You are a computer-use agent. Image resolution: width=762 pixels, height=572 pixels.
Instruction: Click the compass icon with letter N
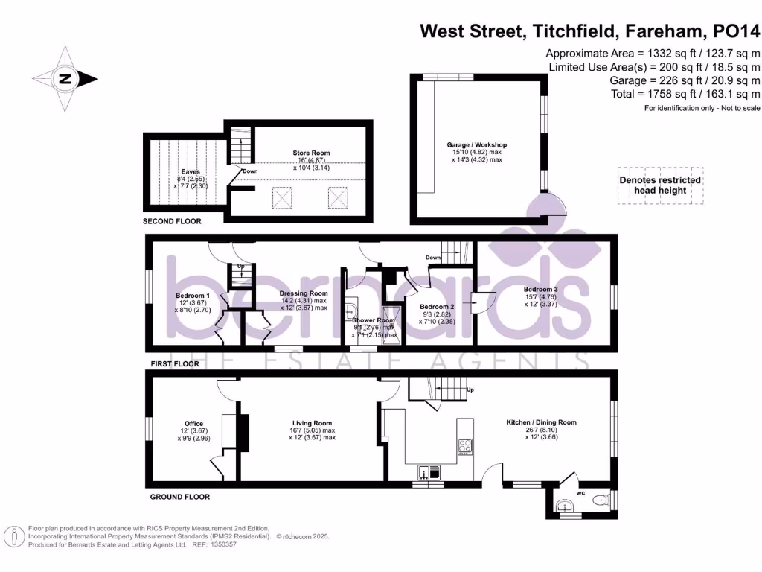(65, 78)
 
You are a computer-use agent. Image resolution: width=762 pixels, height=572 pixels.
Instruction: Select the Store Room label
(310, 153)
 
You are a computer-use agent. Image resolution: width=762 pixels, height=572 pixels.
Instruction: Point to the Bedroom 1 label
(188, 295)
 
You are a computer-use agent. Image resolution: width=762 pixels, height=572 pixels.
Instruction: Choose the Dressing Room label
(304, 293)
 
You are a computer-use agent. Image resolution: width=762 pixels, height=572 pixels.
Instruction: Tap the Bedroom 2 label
(437, 307)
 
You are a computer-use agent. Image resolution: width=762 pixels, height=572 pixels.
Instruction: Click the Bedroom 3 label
(540, 289)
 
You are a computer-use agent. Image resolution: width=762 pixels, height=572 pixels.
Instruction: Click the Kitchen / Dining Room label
(541, 422)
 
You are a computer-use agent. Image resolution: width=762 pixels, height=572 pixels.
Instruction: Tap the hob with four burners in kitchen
(465, 447)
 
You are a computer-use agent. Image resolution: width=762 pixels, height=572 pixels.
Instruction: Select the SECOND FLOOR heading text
(172, 221)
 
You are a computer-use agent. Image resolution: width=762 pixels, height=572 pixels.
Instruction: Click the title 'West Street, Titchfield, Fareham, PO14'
(590, 31)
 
